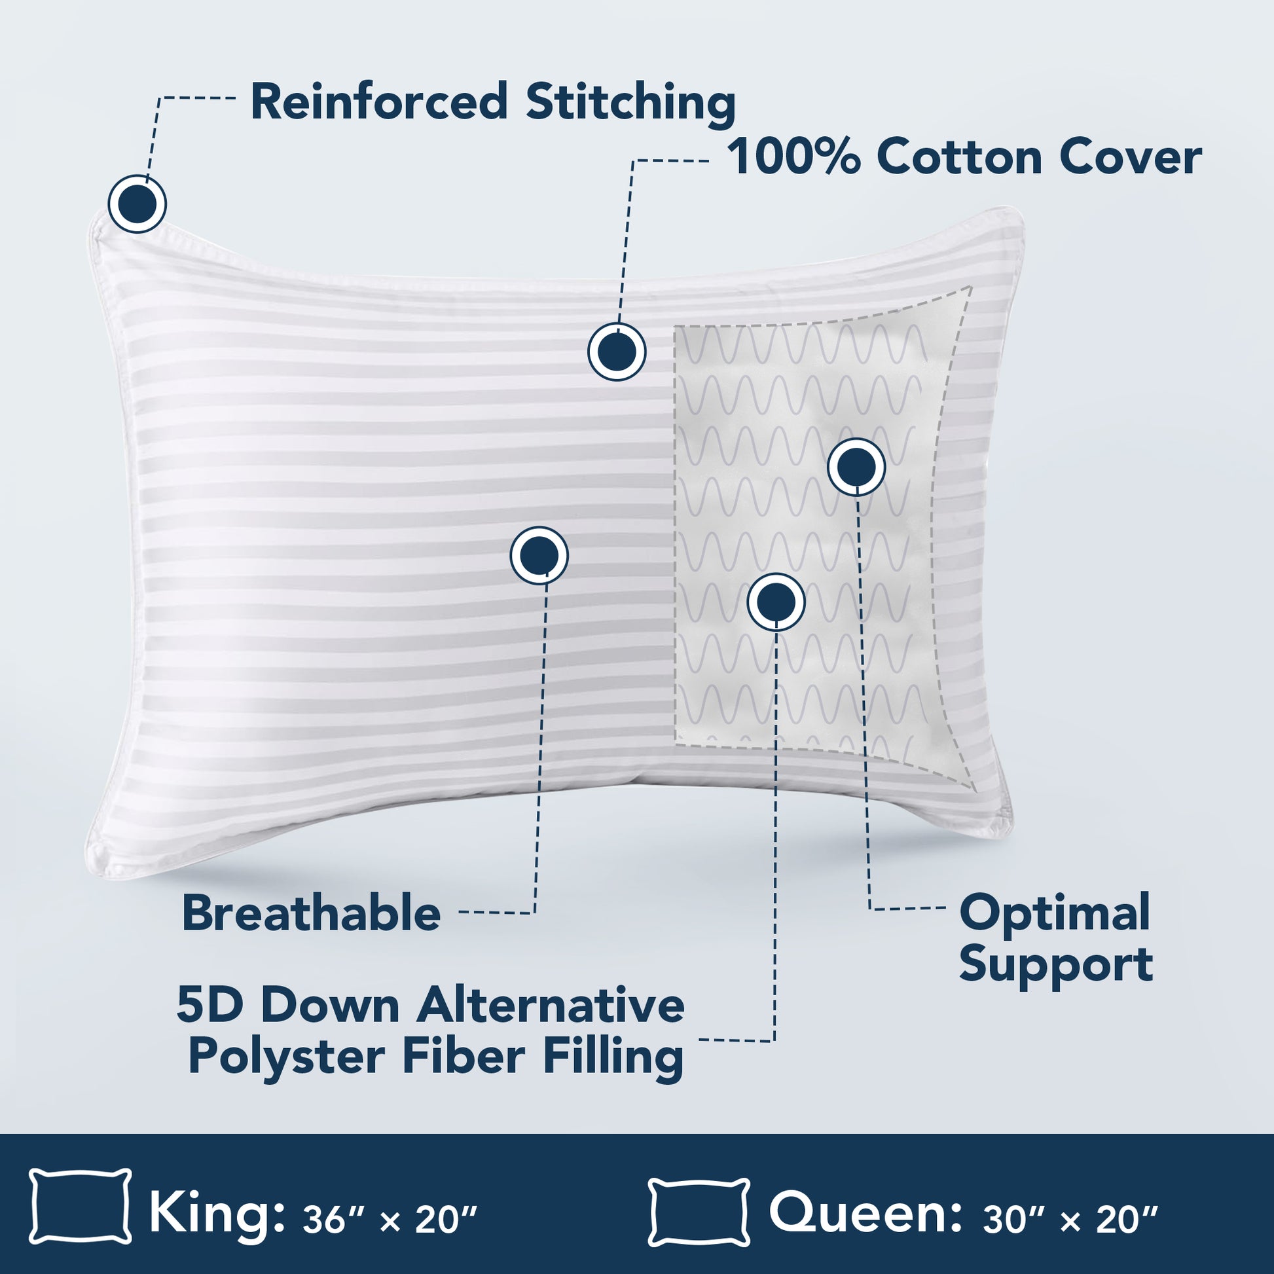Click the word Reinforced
tap(379, 102)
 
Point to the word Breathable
tap(311, 913)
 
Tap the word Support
tap(1056, 966)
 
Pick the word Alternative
tap(551, 1006)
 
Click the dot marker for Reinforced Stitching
tap(137, 204)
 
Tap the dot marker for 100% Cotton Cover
tap(617, 352)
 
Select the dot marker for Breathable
tap(539, 556)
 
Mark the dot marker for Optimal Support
tap(856, 467)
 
